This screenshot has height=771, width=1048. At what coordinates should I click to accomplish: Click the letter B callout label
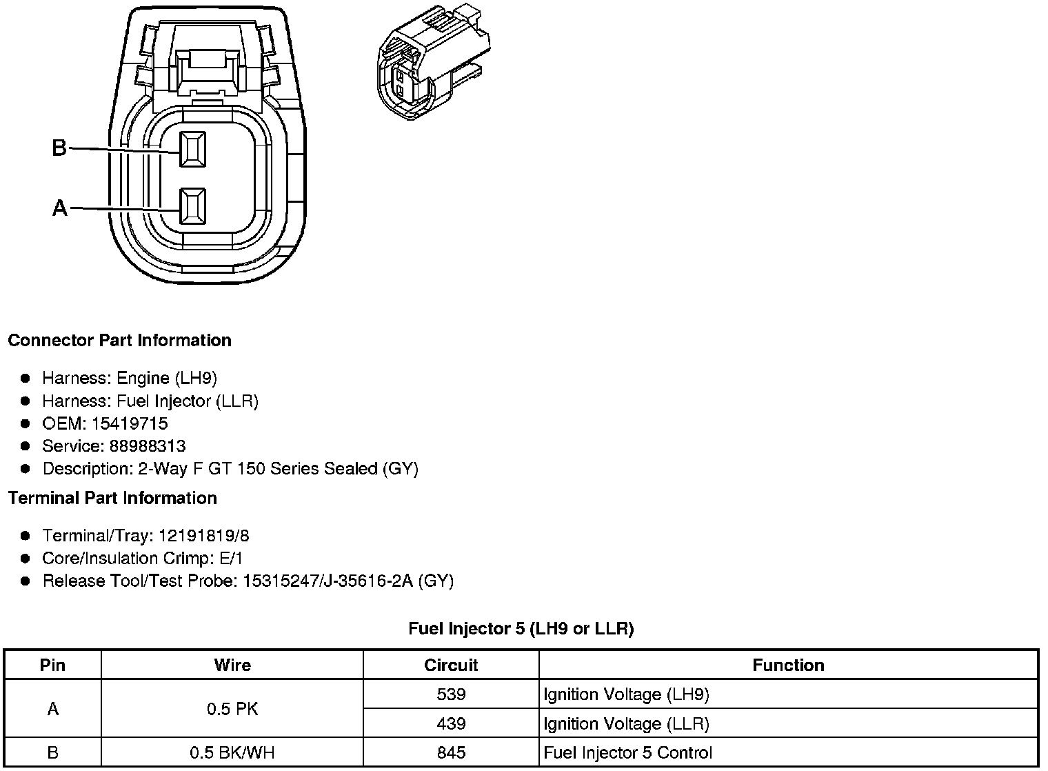pyautogui.click(x=59, y=148)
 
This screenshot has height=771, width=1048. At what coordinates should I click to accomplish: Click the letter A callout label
pyautogui.click(x=60, y=208)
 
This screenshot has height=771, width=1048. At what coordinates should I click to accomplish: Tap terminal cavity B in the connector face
pyautogui.click(x=192, y=148)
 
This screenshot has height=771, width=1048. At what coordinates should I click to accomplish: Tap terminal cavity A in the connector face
pyautogui.click(x=192, y=206)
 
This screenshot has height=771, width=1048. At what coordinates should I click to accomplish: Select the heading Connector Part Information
pyautogui.click(x=119, y=341)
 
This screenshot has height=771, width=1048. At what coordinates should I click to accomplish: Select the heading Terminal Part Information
pyautogui.click(x=112, y=499)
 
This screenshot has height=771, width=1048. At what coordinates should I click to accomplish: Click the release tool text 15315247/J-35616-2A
pyautogui.click(x=327, y=581)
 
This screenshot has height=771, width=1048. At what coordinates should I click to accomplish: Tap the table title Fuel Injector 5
pyautogui.click(x=521, y=629)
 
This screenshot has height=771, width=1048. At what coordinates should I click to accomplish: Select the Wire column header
pyautogui.click(x=232, y=665)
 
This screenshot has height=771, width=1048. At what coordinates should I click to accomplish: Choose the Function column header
pyautogui.click(x=788, y=665)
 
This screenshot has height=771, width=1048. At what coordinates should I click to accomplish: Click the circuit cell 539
pyautogui.click(x=451, y=694)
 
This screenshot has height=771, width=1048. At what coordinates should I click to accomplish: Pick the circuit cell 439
pyautogui.click(x=451, y=723)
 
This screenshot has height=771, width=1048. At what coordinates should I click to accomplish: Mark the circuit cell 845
pyautogui.click(x=451, y=752)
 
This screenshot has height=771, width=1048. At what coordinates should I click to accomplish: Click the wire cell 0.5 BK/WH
pyautogui.click(x=232, y=752)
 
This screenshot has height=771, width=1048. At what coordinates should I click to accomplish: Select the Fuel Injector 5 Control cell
pyautogui.click(x=627, y=752)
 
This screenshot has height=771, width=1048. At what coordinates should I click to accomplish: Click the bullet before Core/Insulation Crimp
pyautogui.click(x=26, y=559)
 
